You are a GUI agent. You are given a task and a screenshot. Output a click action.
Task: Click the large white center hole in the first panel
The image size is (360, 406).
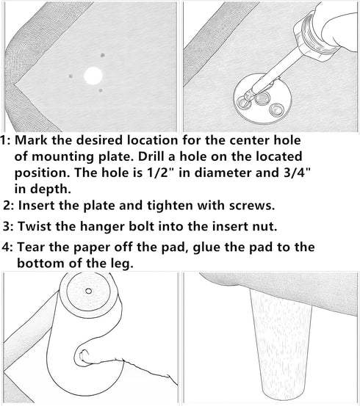click(93, 76)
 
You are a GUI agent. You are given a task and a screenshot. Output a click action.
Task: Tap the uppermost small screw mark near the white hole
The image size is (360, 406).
click(103, 55)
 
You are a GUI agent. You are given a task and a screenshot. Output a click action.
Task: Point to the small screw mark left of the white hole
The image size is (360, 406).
click(71, 76)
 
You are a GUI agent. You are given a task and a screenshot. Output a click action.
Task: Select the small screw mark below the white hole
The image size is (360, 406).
click(101, 90)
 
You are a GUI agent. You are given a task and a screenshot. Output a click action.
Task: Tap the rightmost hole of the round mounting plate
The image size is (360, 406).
click(277, 109)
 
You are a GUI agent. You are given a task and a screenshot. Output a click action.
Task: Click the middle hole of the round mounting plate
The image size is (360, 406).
click(262, 98)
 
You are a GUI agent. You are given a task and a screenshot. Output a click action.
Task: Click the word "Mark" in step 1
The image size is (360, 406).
click(31, 140)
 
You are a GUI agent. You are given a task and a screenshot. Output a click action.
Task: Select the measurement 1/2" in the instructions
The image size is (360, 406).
click(160, 173)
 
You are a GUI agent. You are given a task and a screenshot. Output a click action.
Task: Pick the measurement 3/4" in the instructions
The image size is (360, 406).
click(297, 173)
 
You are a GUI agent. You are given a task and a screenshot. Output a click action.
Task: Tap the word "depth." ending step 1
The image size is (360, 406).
click(51, 189)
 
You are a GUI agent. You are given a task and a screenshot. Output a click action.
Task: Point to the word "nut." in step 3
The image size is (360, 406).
click(265, 227)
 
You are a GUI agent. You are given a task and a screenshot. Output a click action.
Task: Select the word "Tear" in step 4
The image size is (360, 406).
click(31, 247)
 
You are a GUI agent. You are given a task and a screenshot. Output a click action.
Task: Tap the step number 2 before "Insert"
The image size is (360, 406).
click(10, 206)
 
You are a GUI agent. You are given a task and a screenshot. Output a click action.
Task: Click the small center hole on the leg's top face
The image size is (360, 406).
click(89, 291)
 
